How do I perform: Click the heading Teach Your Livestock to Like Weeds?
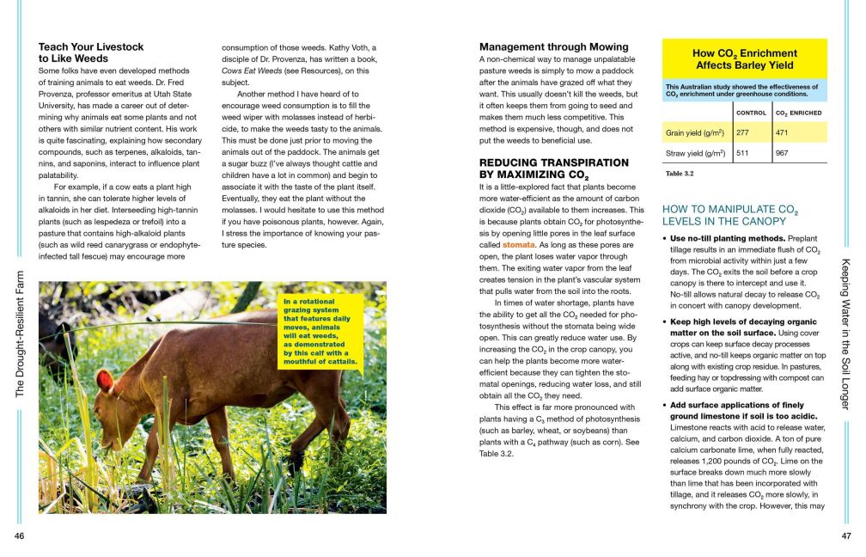[x=91, y=52]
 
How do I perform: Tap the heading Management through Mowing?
[x=553, y=46]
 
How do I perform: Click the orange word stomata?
[x=518, y=244]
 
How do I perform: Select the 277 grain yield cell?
[x=744, y=133]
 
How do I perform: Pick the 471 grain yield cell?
[x=783, y=133]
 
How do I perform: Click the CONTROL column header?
[x=752, y=113]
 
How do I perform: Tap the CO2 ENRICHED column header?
[x=798, y=113]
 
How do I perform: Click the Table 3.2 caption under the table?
[x=680, y=174]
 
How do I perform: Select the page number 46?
[x=20, y=536]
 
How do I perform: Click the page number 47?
[x=845, y=536]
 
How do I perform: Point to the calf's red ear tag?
[x=105, y=379]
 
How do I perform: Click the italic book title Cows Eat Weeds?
[x=247, y=70]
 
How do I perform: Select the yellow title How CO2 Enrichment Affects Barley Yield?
[x=745, y=58]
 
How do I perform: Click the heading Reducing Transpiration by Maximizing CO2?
[x=553, y=168]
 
